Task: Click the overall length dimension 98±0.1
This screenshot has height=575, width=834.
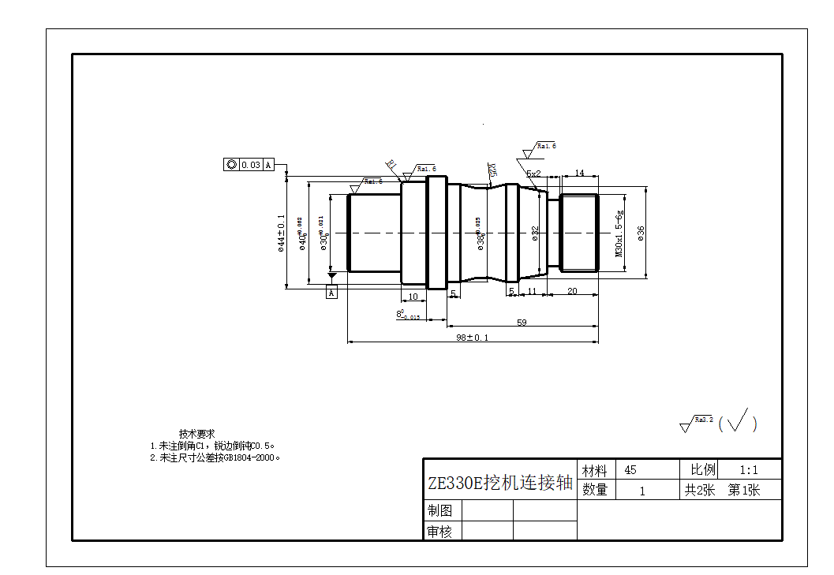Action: (x=472, y=338)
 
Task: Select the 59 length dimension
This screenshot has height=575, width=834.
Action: (x=522, y=322)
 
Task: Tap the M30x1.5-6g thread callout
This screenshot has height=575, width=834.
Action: (x=619, y=233)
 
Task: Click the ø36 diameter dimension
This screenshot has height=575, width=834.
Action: (x=641, y=233)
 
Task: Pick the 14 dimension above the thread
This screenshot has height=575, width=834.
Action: (x=579, y=173)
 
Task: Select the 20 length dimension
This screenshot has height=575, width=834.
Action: (x=572, y=291)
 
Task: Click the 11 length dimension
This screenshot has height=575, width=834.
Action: (x=532, y=291)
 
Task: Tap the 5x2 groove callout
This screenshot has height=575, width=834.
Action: (x=533, y=174)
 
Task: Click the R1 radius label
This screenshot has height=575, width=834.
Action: (x=391, y=164)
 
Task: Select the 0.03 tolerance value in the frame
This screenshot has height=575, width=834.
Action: (x=251, y=165)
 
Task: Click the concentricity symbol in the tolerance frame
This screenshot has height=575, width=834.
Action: (x=231, y=165)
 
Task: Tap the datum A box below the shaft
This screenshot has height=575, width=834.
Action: (x=331, y=293)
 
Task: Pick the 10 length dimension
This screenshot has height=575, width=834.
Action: (x=413, y=297)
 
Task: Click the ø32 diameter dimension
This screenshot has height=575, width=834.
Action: (x=535, y=233)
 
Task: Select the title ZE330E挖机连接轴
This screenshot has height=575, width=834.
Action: (x=499, y=483)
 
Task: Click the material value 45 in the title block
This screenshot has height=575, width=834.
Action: (x=630, y=470)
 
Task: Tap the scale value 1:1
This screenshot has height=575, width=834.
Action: (x=749, y=469)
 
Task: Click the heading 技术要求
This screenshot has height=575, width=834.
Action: (x=196, y=434)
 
